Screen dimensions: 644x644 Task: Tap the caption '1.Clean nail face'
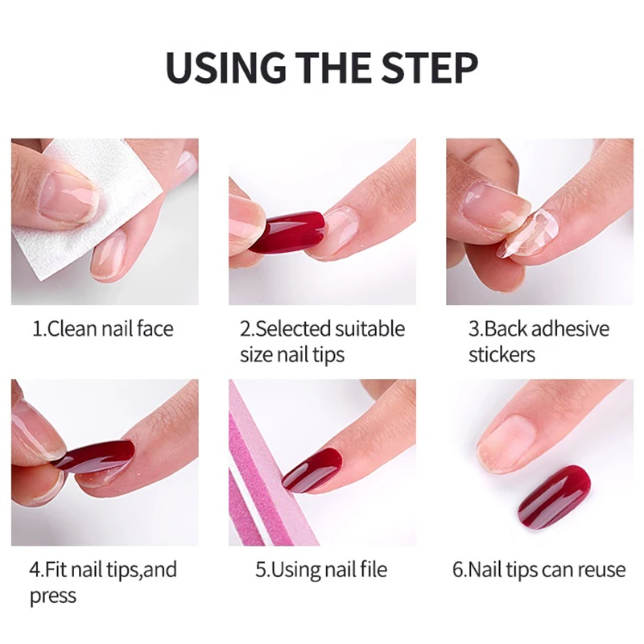[102, 328]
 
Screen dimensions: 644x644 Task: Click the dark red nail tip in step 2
[290, 230]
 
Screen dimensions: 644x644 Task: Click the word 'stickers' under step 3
[502, 354]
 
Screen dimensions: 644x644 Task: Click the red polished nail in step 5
[314, 469]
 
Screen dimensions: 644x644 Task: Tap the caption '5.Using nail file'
[321, 570]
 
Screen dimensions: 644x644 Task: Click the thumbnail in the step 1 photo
[68, 197]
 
